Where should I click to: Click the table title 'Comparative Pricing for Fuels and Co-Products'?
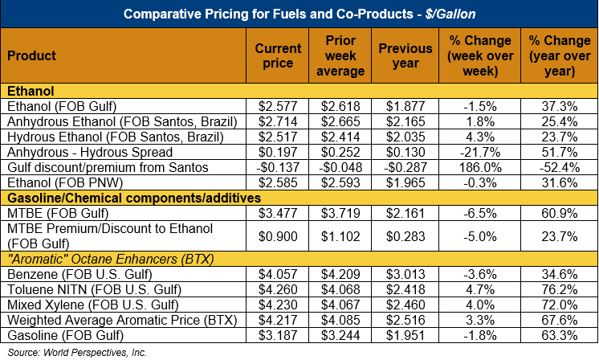[299, 14]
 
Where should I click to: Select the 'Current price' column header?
[278, 55]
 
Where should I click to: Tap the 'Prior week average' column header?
[342, 55]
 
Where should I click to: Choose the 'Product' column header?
[31, 55]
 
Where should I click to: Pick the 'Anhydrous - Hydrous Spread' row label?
[82, 151]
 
